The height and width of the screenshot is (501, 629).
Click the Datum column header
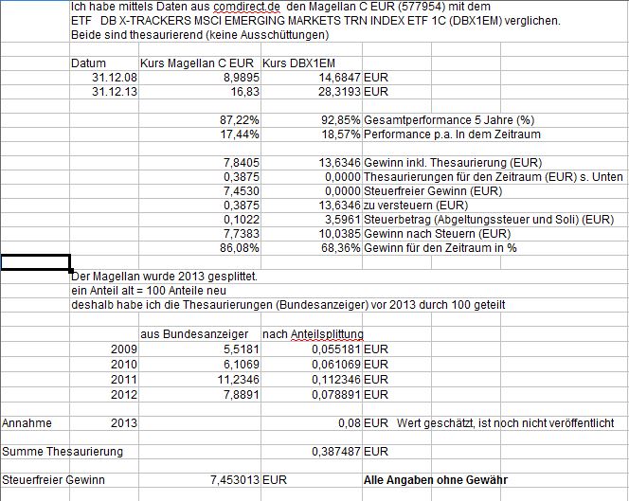coord(89,63)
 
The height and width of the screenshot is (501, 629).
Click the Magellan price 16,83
coord(243,92)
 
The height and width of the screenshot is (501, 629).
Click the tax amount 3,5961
coord(341,220)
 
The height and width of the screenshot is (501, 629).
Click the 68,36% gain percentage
coord(341,248)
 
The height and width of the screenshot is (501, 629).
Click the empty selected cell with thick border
coord(35,262)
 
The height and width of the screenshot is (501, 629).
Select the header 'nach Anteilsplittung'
coord(313,333)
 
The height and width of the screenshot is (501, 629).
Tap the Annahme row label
coord(27,422)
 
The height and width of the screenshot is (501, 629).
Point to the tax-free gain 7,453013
coord(234,479)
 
